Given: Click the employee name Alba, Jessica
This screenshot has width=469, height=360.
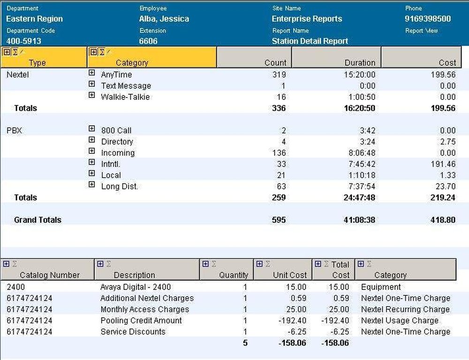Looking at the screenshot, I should tap(164, 19).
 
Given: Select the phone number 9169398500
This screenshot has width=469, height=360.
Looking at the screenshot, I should tap(428, 19).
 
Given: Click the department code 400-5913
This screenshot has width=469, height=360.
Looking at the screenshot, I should tap(24, 41).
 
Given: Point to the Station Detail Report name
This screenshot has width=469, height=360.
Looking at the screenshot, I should tap(310, 41).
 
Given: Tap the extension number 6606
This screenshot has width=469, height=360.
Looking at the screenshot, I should tap(148, 41).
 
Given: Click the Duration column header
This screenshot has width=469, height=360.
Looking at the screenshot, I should tap(360, 62).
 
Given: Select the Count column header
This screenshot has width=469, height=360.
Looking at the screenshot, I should tap(275, 62).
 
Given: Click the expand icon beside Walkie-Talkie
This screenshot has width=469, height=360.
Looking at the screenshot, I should tap(91, 96).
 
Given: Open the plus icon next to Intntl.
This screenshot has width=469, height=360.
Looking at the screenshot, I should tap(91, 163).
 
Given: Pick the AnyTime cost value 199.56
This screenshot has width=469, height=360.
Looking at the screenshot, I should tap(443, 75).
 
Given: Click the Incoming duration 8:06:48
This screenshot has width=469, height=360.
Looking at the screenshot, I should tap(360, 153).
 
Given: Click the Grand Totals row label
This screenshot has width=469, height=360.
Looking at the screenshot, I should tap(38, 220).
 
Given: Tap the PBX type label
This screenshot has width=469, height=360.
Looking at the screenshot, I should tap(14, 131).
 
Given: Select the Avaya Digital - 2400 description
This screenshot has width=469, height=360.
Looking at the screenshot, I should tap(136, 287).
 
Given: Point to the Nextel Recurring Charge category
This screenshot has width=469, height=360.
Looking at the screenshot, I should tap(405, 309).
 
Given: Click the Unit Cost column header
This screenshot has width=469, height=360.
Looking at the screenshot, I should tap(290, 275).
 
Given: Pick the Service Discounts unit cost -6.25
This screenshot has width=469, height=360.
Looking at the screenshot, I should tap(296, 332).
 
